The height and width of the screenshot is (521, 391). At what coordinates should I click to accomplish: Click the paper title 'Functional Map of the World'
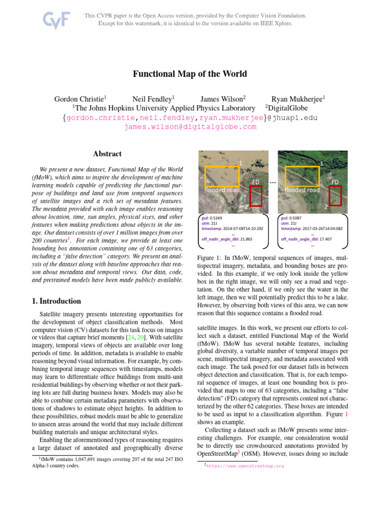tap(190, 74)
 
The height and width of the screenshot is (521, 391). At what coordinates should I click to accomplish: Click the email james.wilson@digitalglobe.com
tap(190, 127)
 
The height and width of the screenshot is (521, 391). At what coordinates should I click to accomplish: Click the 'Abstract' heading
tap(107, 154)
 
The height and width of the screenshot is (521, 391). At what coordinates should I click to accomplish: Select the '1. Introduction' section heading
tap(56, 301)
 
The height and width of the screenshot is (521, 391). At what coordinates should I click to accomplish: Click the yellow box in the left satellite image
tap(221, 177)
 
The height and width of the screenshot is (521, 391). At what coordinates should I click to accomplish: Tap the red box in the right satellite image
tap(336, 195)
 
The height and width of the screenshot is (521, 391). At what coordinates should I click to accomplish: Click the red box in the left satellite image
tap(256, 195)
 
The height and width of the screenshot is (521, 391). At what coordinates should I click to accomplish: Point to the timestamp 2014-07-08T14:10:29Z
tap(244, 228)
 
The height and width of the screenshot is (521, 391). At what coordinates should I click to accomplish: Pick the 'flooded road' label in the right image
tap(302, 190)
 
